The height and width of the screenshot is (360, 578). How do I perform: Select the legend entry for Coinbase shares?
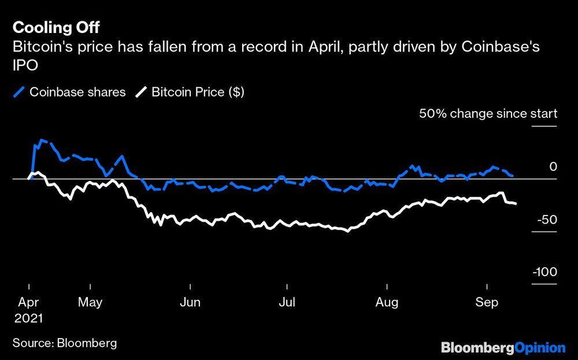77,92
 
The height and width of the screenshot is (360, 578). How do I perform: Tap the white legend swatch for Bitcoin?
142,92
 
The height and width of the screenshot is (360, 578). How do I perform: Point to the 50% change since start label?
488,114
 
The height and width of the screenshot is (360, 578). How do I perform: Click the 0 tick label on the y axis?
553,167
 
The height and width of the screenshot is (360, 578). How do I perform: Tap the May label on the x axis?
90,302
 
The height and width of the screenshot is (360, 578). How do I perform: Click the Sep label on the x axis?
487,302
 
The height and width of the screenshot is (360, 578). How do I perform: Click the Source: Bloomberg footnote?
65,343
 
